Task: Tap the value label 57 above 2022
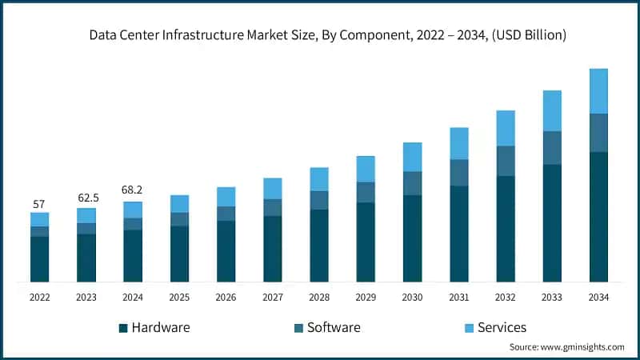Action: (39, 204)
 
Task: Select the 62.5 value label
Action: (86, 197)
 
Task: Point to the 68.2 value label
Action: (133, 190)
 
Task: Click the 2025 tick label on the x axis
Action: (179, 297)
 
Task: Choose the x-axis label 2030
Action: (412, 297)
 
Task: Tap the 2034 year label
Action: (598, 297)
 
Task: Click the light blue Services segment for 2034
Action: (598, 91)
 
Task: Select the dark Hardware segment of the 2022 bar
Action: (39, 259)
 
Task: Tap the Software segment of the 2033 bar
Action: (552, 148)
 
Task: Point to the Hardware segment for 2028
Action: (319, 246)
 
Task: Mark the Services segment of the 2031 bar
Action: (458, 144)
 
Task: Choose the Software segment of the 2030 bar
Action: (412, 183)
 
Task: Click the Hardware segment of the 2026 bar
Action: (226, 251)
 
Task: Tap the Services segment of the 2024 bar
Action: (133, 210)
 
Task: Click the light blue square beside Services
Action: (469, 328)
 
